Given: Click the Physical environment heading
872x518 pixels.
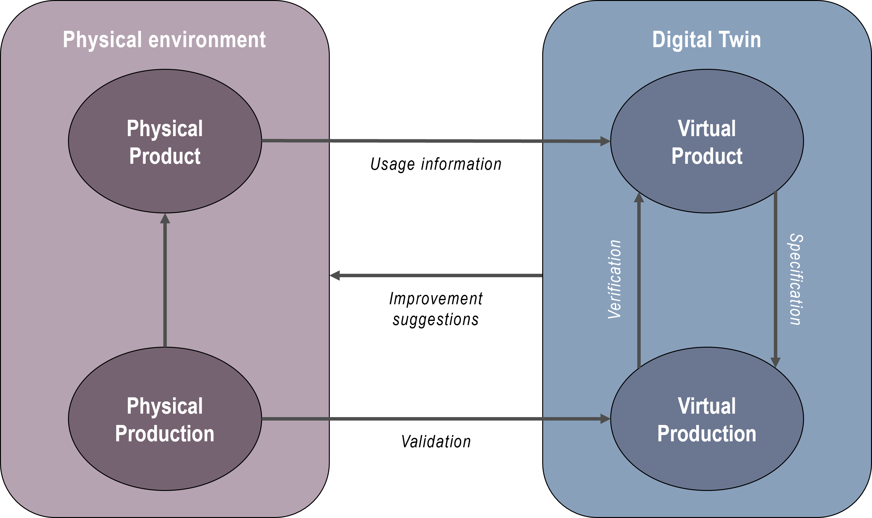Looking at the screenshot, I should point(164,40).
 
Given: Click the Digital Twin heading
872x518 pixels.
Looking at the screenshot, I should point(706,40).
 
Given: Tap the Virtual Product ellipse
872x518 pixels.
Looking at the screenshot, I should point(707,101).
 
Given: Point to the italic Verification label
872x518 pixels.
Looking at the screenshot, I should point(614,279).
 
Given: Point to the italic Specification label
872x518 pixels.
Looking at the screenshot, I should point(796,279).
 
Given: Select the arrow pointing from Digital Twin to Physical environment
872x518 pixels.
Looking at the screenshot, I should point(437,275).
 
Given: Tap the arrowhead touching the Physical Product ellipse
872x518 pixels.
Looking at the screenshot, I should point(165,219).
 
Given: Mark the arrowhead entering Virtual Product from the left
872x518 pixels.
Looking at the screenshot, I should point(605,141).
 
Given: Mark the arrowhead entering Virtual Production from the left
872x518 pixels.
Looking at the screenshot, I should point(605,419).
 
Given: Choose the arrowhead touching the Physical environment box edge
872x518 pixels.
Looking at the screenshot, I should point(335,275).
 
